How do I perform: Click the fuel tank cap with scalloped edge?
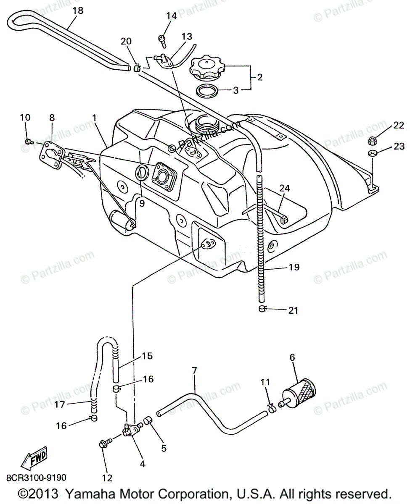[x=207, y=68]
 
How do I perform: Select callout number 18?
[x=78, y=10]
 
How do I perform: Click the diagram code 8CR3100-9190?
[x=36, y=478]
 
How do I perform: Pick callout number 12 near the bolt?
[x=107, y=478]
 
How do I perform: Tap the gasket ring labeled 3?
[x=208, y=90]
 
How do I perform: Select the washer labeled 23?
[x=372, y=152]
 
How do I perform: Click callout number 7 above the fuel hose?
[x=194, y=370]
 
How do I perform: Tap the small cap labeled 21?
[x=262, y=310]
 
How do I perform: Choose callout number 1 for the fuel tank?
[x=95, y=118]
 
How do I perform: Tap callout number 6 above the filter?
[x=292, y=358]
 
